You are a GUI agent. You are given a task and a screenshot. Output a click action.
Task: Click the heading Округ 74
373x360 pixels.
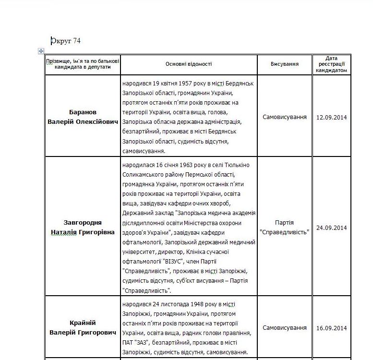(x=66, y=41)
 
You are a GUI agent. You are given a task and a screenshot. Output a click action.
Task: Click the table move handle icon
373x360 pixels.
(x=41, y=51)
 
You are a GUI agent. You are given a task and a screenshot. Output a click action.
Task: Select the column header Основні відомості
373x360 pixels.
(x=188, y=64)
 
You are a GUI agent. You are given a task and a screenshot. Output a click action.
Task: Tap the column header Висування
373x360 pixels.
(x=284, y=64)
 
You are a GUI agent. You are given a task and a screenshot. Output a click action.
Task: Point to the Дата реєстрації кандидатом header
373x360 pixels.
(x=331, y=64)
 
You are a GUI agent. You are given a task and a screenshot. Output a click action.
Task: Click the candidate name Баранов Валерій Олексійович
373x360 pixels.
(x=83, y=117)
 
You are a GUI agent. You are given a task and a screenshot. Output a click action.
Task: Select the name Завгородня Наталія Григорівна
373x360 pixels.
(x=83, y=228)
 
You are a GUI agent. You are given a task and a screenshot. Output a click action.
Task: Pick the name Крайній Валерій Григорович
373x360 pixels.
(x=83, y=328)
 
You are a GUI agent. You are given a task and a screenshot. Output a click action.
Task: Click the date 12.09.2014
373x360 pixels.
(x=331, y=117)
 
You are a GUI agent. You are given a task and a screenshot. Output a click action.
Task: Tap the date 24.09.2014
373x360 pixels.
(x=331, y=228)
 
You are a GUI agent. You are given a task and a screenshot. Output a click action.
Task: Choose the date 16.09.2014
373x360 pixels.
(x=331, y=328)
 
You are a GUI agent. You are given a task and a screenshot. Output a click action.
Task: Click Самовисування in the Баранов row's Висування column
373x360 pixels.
(x=284, y=117)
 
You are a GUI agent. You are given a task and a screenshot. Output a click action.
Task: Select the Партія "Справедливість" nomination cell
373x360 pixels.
(x=284, y=228)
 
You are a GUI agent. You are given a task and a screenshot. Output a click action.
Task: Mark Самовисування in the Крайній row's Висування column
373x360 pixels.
(x=284, y=328)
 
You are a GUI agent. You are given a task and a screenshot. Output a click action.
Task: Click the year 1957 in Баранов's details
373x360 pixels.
(x=180, y=83)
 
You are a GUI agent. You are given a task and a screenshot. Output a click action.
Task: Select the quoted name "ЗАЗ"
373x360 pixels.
(x=144, y=342)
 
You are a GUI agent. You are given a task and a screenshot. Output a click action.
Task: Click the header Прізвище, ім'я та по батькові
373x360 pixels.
(x=83, y=60)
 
